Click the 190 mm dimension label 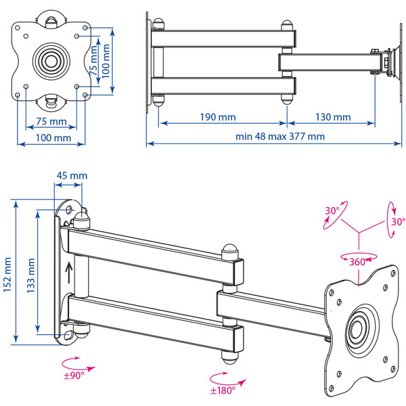coord(218,116)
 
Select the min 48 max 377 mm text coord(280,136)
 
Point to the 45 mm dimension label coord(71,176)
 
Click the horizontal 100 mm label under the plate coord(53,138)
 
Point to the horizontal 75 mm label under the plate coord(51,122)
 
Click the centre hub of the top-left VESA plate coord(52,58)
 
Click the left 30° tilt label coord(332,211)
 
